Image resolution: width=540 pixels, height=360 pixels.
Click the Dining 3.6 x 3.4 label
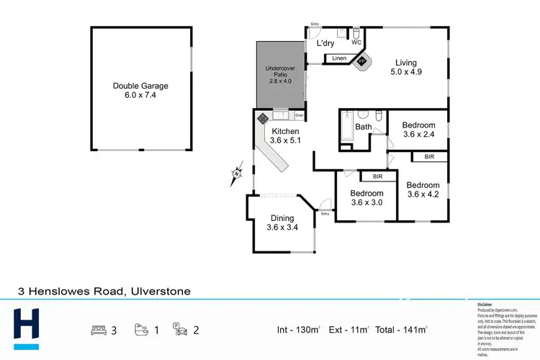[x=282, y=223]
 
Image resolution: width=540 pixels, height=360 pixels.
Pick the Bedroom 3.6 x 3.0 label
[x=366, y=198]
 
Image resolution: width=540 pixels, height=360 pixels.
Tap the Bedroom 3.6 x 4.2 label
[x=423, y=189]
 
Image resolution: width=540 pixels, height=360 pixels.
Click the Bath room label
[x=364, y=127]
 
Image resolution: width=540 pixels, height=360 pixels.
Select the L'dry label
[x=325, y=44]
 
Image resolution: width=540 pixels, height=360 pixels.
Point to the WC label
[x=356, y=42]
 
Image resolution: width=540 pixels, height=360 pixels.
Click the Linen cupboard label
[x=339, y=58]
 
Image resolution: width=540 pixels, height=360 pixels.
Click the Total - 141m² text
[x=400, y=330]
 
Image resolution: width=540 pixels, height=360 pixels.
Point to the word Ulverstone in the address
[x=159, y=292]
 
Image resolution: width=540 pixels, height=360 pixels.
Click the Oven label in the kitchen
[x=299, y=115]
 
